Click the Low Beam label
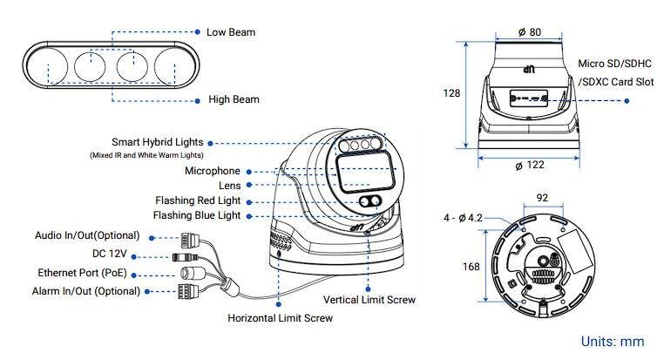(x=230, y=32)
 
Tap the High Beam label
(x=233, y=99)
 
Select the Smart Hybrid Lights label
(x=157, y=142)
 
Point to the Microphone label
(x=212, y=171)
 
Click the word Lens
(x=229, y=186)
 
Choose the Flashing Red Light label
(x=198, y=200)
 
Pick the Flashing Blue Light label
(x=197, y=215)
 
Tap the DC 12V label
(x=110, y=254)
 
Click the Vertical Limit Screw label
(x=369, y=300)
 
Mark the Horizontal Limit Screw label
(x=280, y=319)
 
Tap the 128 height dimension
(x=451, y=93)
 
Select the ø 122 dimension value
(x=530, y=166)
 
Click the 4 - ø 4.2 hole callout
(x=463, y=217)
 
